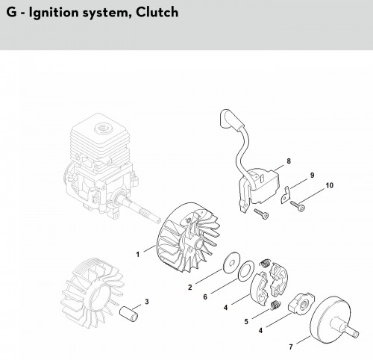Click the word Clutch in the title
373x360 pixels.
(157, 12)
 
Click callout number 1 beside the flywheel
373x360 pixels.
(138, 255)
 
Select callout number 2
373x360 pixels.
(190, 288)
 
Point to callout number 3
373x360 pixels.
(147, 302)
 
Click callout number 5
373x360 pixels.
(246, 321)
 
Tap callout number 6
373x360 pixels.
(205, 297)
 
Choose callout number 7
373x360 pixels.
(291, 347)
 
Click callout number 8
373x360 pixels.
(289, 161)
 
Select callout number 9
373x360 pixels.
(312, 175)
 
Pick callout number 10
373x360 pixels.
(329, 185)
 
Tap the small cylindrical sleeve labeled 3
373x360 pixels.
(128, 314)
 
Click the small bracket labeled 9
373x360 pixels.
(286, 196)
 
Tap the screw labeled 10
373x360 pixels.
(298, 206)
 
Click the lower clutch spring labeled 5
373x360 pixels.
(275, 305)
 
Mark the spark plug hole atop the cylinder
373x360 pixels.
(102, 128)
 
